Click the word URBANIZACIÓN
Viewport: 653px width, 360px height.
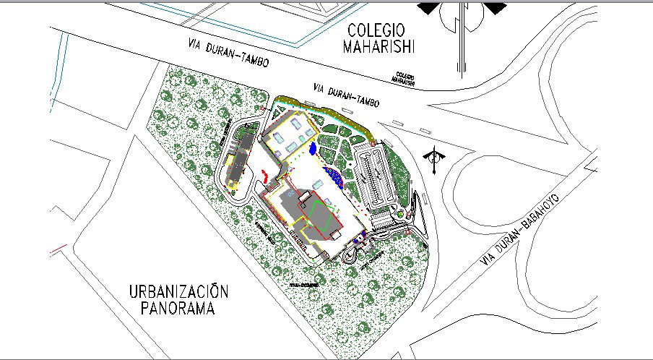tap(179, 293)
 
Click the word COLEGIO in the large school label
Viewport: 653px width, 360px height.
tap(376, 30)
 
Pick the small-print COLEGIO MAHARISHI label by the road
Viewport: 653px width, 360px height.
tap(405, 78)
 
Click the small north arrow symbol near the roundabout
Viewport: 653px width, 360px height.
tap(434, 160)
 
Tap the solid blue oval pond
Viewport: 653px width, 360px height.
tap(312, 149)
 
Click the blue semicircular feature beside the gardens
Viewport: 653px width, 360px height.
tap(334, 174)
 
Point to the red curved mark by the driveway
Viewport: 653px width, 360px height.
tap(265, 174)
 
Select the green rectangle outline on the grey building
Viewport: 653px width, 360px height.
tap(324, 217)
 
